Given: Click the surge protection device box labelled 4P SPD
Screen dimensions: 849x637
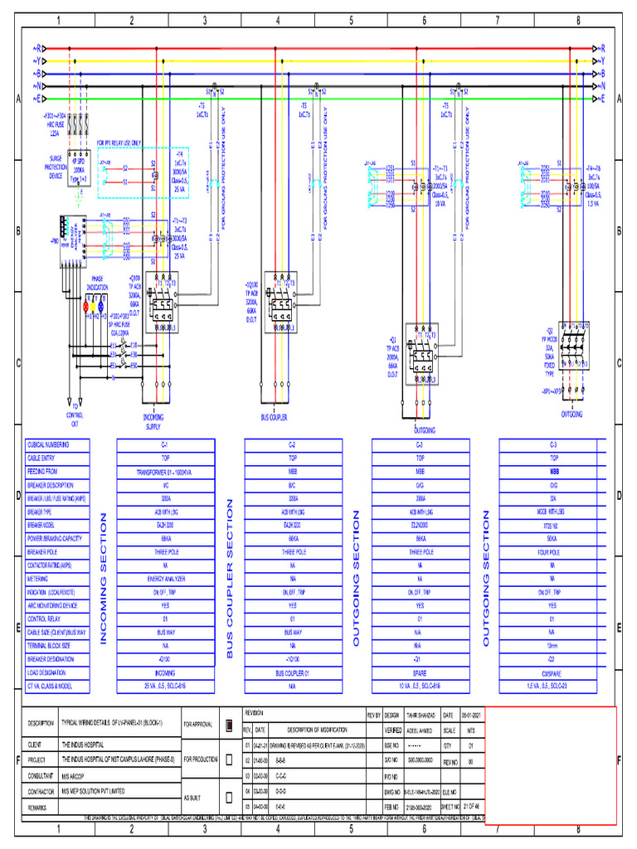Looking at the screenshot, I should tap(80, 168).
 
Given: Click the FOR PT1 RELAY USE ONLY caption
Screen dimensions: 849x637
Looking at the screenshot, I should tap(131, 142).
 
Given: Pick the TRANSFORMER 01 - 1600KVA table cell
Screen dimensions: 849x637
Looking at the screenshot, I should tap(166, 471).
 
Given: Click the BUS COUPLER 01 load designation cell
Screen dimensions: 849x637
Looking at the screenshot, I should tap(292, 672).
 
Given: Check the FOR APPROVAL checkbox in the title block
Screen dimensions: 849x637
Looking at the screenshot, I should tap(228, 724).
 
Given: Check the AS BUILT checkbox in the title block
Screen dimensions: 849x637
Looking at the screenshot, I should tap(228, 797).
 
